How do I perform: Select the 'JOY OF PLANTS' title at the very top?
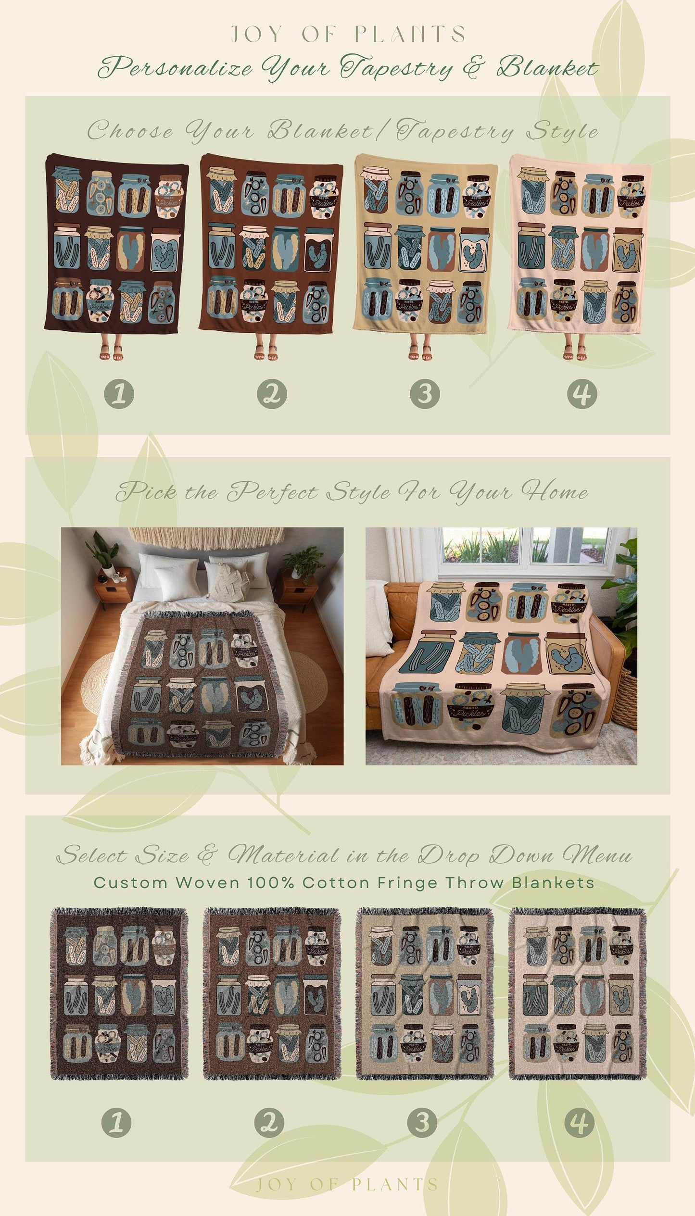tap(348, 34)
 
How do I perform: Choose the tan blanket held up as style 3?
tap(426, 243)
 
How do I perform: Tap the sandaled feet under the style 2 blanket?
tap(266, 352)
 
